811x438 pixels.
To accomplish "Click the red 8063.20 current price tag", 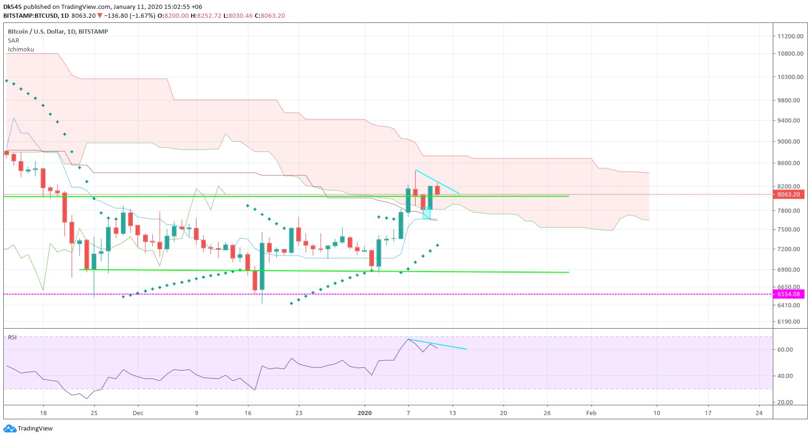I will pyautogui.click(x=789, y=194).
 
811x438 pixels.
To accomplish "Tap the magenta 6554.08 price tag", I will pyautogui.click(x=789, y=294).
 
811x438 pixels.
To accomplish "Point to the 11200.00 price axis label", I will pyautogui.click(x=790, y=36).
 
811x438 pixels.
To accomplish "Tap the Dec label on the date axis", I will pyautogui.click(x=138, y=413).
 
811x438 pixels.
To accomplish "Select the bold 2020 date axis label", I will pyautogui.click(x=365, y=413).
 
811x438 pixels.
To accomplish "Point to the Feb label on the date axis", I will pyautogui.click(x=591, y=413).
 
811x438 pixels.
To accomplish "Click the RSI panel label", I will pyautogui.click(x=12, y=337).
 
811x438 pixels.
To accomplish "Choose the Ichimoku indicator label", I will pyautogui.click(x=21, y=49).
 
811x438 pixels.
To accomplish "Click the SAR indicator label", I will pyautogui.click(x=14, y=40).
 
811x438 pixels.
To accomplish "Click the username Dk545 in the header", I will pyautogui.click(x=12, y=7).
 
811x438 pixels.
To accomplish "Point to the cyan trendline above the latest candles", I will pyautogui.click(x=438, y=182).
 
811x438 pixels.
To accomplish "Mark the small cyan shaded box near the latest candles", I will pyautogui.click(x=426, y=213).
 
